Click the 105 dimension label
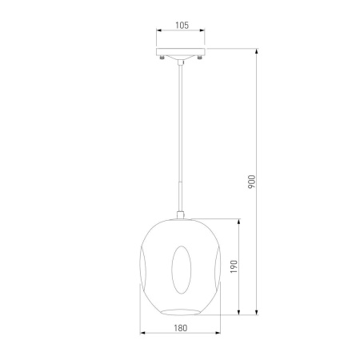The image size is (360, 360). (x=182, y=26)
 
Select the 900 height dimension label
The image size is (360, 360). (x=252, y=182)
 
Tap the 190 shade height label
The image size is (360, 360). (x=234, y=266)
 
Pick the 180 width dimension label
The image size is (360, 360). (x=181, y=328)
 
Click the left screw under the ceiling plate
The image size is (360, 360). (x=162, y=57)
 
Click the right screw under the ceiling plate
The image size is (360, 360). (x=199, y=57)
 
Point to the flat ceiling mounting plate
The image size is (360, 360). (x=181, y=52)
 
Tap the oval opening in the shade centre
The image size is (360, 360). (x=182, y=270)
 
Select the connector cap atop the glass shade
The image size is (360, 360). (x=181, y=215)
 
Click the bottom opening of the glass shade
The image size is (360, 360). (x=181, y=312)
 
